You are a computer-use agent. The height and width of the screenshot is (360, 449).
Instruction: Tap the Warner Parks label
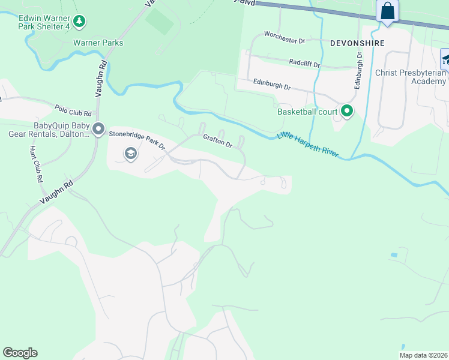click(x=98, y=43)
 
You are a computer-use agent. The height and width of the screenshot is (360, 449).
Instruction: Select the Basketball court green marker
click(x=346, y=111)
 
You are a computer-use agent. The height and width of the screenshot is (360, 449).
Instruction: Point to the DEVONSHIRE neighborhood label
click(x=357, y=43)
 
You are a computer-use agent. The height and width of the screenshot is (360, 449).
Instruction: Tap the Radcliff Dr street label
click(x=304, y=62)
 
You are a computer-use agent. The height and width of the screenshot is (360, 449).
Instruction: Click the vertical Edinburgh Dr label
click(x=358, y=70)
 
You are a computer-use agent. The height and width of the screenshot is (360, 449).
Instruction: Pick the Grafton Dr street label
click(x=217, y=141)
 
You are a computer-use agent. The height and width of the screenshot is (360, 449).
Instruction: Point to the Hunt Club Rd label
click(x=35, y=163)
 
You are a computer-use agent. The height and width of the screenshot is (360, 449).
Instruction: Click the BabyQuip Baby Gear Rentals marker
click(x=99, y=130)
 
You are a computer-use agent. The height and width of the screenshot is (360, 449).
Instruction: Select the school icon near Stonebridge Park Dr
click(x=130, y=154)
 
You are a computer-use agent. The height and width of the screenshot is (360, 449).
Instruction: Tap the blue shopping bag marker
click(x=387, y=11)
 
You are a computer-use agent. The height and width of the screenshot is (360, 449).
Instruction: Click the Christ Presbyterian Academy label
click(x=411, y=77)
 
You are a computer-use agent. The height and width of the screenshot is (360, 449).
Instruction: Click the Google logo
click(x=20, y=353)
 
